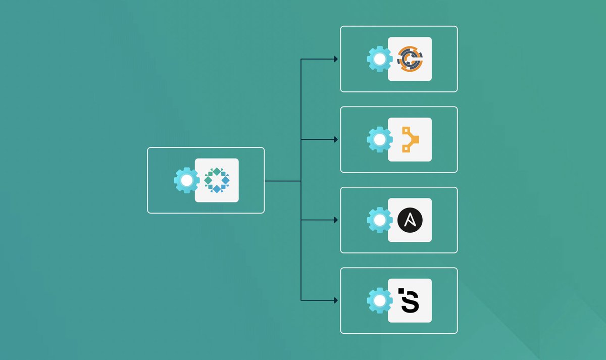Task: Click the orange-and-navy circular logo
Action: click(x=410, y=59)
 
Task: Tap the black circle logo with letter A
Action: click(x=410, y=220)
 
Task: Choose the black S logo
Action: click(x=410, y=300)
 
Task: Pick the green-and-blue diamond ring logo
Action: click(x=217, y=180)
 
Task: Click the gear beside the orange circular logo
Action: click(x=379, y=59)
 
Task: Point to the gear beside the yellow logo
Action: click(x=379, y=139)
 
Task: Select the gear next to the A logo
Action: click(x=379, y=220)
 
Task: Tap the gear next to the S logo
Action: click(x=379, y=300)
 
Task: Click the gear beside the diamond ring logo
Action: click(x=186, y=180)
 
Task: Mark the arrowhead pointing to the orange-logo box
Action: click(x=336, y=59)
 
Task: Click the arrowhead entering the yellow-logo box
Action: click(x=336, y=139)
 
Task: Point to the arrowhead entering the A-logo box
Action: click(x=336, y=220)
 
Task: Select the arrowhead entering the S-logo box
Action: click(x=336, y=300)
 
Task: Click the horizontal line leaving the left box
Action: click(x=283, y=180)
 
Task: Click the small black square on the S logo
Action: click(x=401, y=291)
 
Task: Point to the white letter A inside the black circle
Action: click(x=410, y=221)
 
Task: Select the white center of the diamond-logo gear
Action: click(x=186, y=180)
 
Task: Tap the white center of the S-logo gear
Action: click(x=379, y=300)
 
